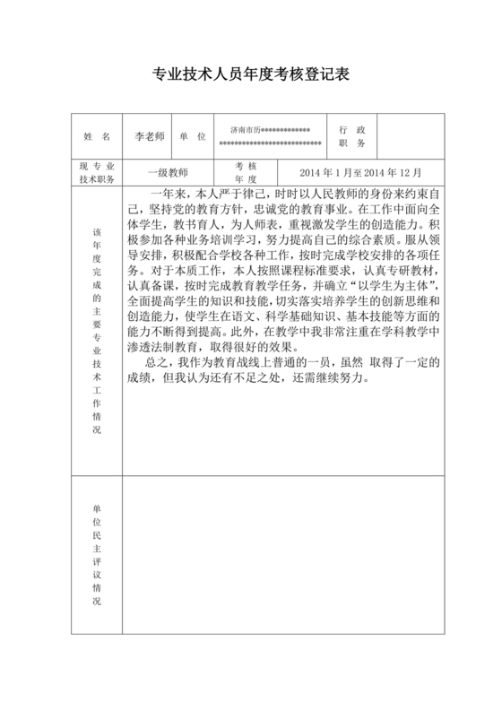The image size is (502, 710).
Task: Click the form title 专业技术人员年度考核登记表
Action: point(250,76)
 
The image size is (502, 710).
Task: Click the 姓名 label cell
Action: point(96,137)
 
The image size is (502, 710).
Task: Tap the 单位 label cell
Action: point(192,137)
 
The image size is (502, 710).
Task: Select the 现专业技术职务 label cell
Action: point(96,172)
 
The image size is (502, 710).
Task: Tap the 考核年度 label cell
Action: point(246,172)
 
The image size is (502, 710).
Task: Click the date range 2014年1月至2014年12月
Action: point(359,172)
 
